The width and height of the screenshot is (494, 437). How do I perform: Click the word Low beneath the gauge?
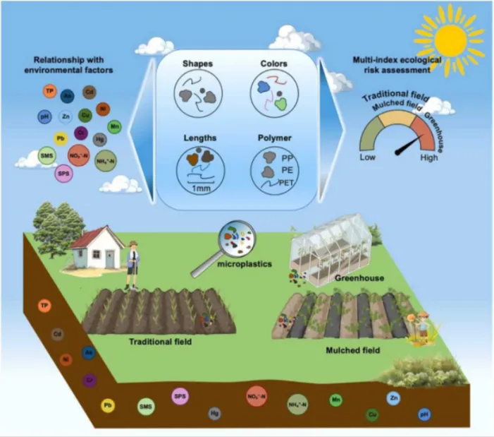(368, 157)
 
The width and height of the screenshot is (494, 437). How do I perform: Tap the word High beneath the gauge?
(429, 157)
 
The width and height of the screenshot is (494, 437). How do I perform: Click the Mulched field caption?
(353, 349)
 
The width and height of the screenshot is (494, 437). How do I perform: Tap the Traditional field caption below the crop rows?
(160, 341)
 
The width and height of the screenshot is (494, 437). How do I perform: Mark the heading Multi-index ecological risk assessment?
(397, 66)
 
